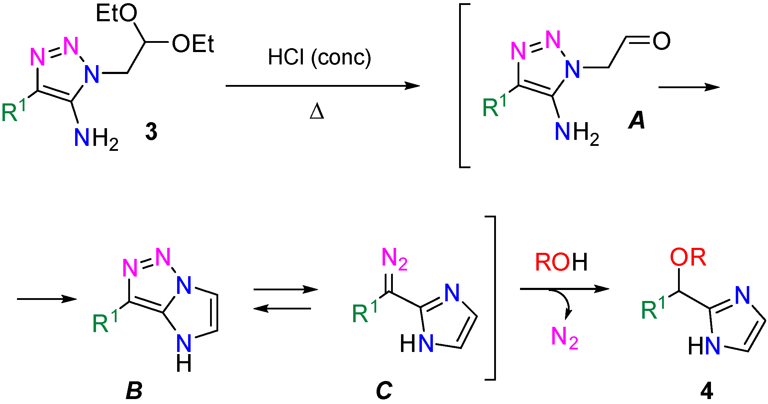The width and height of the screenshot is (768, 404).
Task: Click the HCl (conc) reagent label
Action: point(319,57)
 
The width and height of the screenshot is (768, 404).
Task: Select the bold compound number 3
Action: point(151,131)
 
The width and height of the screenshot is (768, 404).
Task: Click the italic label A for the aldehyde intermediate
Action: point(637,121)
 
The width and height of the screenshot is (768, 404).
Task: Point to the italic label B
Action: point(134,391)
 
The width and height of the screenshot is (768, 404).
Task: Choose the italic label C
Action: point(384,391)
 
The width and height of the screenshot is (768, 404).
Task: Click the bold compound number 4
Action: point(706,392)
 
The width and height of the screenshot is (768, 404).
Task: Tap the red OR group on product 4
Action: point(688,257)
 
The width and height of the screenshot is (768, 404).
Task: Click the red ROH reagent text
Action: point(561,262)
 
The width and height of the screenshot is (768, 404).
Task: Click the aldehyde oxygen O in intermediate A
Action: point(661,41)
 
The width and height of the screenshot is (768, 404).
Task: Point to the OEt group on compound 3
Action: point(193,44)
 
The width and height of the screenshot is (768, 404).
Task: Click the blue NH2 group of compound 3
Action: point(96,138)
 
